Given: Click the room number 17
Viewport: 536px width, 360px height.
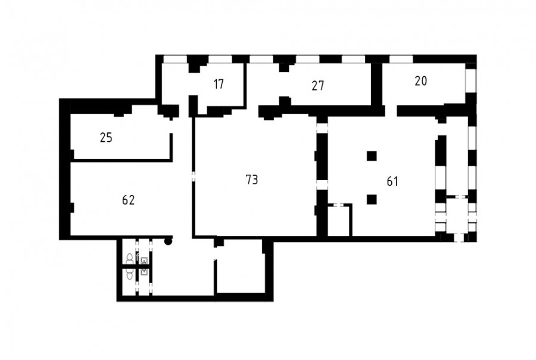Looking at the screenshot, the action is [219, 84].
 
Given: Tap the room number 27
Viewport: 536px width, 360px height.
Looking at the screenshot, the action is [317, 86].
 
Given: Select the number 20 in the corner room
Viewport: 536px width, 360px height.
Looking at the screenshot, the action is [421, 81].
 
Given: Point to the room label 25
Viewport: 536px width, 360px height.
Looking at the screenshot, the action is [106, 138].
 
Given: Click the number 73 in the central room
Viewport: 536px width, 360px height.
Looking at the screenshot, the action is [252, 179].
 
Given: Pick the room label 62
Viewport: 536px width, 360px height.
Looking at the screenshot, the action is [129, 200].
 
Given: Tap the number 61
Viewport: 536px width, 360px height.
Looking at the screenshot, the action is [392, 181].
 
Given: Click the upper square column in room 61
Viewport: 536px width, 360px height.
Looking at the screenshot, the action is [372, 156].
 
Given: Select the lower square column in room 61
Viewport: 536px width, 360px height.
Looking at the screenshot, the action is [372, 200].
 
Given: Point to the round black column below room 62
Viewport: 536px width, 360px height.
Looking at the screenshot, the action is [168, 242].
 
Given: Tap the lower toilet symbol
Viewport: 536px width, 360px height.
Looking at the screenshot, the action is [130, 274].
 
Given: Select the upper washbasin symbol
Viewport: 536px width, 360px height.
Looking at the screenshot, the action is [145, 261].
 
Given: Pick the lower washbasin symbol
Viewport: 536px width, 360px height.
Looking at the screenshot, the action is [145, 272].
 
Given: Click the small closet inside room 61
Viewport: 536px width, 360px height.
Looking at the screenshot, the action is [339, 221].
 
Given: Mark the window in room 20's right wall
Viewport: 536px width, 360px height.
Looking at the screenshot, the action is [470, 78].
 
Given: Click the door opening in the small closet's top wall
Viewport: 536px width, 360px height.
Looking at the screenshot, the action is [339, 205].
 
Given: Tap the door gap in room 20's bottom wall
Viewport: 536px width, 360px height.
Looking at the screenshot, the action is [391, 111].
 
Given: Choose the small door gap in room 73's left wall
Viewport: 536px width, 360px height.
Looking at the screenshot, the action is [194, 176].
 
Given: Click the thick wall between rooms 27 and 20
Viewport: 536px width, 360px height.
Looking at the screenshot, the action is [377, 85].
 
